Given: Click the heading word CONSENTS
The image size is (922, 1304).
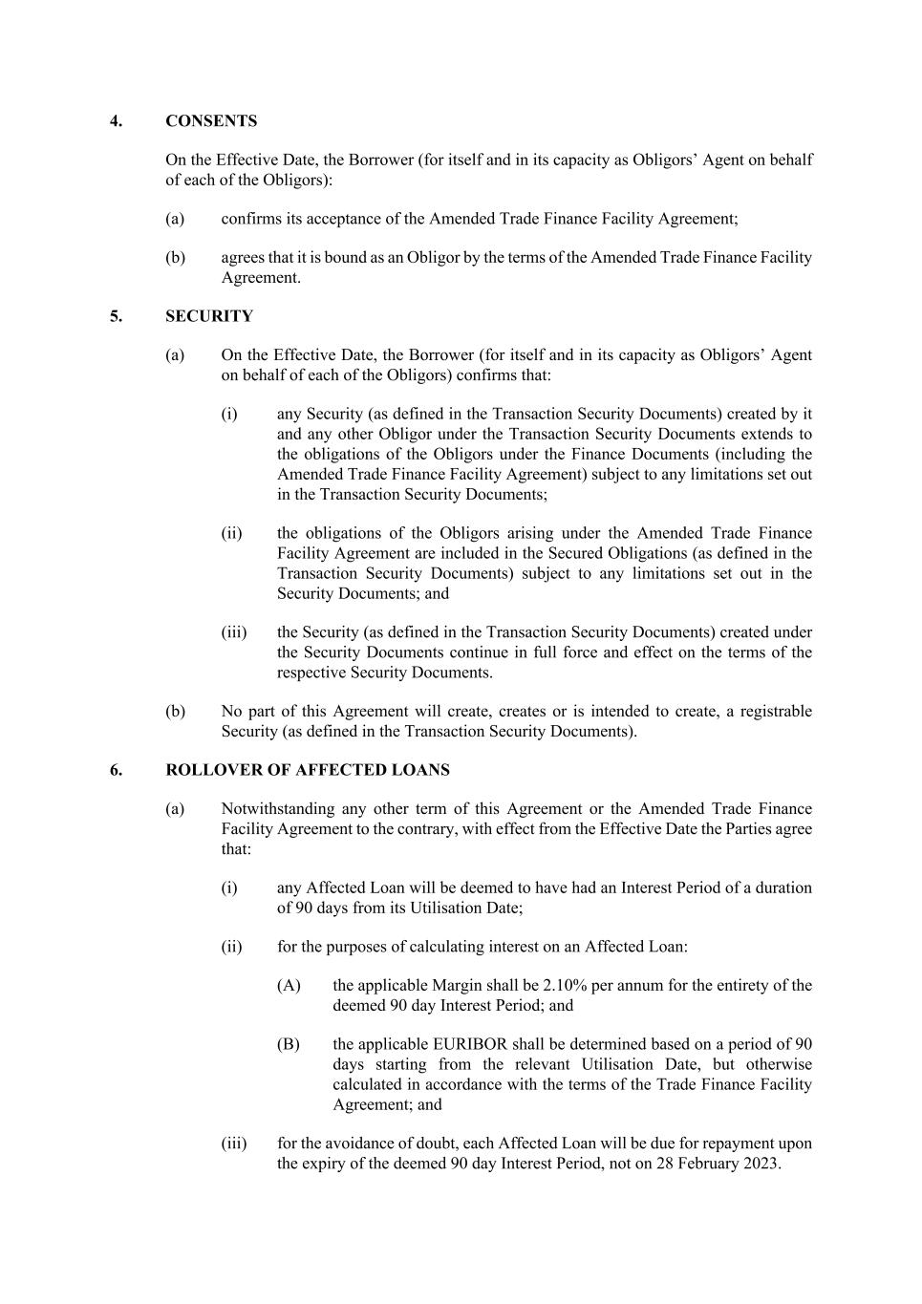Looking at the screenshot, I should coord(211,121).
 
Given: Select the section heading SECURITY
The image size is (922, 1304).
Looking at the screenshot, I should coord(209,316).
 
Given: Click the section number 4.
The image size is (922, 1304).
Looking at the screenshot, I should coord(116,121).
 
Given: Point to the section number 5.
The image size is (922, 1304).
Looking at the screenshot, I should coord(116,316).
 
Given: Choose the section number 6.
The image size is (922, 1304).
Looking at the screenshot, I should coord(116,770).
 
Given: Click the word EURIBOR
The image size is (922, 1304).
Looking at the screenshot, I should coord(447,1044).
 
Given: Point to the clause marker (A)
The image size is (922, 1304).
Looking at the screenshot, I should coord(289,986).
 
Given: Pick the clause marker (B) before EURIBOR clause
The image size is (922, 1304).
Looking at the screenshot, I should coord(289,1044).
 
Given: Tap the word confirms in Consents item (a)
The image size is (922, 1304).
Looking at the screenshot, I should coord(251,219).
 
